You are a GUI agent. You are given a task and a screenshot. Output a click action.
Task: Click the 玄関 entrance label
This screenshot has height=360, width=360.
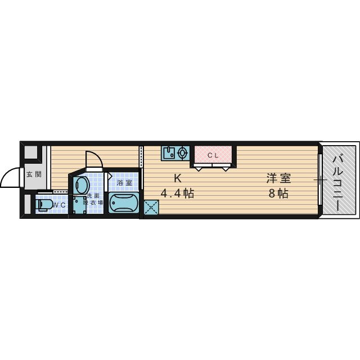point(34,174)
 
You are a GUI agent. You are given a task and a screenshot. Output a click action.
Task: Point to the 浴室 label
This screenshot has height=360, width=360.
point(124,182)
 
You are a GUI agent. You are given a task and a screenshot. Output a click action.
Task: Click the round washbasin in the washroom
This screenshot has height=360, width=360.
point(80,185)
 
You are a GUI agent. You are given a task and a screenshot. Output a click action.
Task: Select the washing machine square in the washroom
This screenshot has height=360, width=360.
point(79,205)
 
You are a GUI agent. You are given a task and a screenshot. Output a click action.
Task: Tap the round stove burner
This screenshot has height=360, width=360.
point(182,152)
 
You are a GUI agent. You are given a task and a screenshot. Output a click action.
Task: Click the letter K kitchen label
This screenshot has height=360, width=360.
point(177,179)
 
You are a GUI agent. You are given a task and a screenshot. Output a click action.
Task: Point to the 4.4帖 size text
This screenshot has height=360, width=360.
point(177,194)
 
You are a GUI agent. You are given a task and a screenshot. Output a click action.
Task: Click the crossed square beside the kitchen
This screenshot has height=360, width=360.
point(151,208)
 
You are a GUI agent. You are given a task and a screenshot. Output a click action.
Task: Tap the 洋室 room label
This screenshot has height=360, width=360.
point(278,179)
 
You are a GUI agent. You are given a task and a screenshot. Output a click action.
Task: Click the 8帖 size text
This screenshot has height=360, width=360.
point(278,194)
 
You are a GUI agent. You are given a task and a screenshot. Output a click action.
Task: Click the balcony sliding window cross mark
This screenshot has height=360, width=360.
point(320,180)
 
